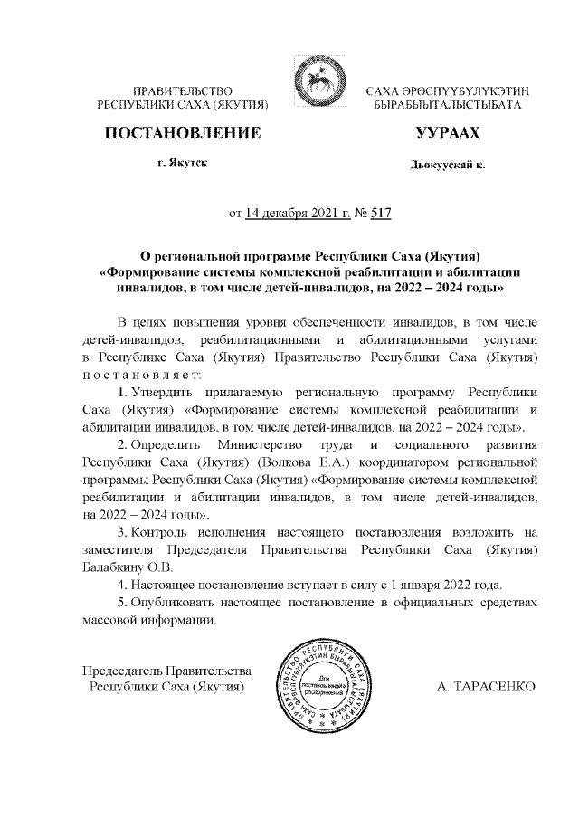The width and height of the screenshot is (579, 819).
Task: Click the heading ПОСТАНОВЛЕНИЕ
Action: point(184,134)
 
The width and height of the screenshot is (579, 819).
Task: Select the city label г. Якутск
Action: point(182,163)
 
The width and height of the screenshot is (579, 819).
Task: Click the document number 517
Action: point(380,214)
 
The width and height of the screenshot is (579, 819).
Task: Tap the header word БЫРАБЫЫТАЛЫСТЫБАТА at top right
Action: point(447,106)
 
